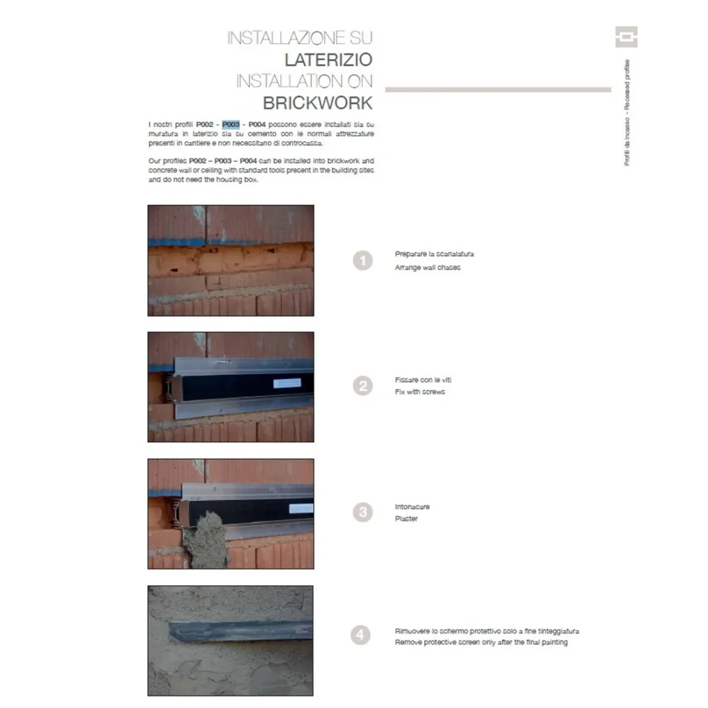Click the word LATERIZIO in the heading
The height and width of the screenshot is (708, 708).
[328, 60]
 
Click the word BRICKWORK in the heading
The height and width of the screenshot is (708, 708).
[317, 103]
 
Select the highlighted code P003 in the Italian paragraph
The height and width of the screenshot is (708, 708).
[231, 124]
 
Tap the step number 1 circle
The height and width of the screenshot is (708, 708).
[362, 261]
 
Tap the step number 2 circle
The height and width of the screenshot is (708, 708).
[362, 386]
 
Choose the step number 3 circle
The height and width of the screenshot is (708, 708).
[362, 512]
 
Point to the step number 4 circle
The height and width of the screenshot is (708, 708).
[360, 635]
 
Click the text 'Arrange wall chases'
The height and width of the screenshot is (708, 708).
[427, 267]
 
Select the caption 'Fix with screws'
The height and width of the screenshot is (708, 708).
[420, 391]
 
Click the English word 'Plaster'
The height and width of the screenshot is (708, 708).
[406, 519]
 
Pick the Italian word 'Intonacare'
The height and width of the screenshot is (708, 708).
[412, 507]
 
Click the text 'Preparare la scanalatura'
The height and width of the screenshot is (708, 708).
[434, 254]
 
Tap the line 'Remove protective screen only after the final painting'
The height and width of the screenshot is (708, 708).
[481, 642]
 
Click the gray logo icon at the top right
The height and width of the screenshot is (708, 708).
[626, 37]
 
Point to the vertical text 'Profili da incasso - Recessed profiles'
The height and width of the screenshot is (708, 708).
[627, 113]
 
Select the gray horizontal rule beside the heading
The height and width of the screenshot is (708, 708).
[498, 89]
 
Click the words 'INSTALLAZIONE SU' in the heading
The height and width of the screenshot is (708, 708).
[299, 38]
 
